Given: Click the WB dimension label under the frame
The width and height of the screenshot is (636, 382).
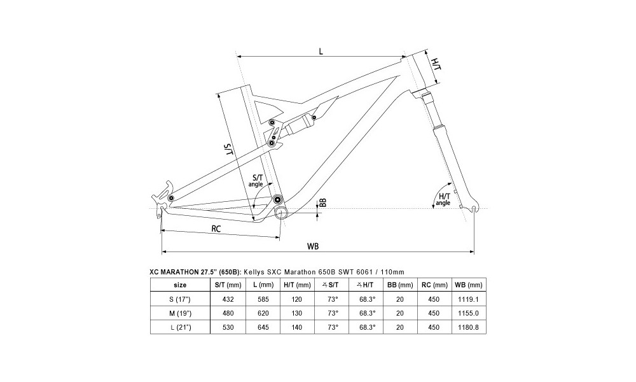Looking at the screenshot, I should pos(312,246).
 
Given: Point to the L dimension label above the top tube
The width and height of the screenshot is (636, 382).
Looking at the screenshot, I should pos(321,52).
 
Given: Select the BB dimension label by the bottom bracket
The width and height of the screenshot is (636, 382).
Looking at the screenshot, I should pos(322,203).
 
